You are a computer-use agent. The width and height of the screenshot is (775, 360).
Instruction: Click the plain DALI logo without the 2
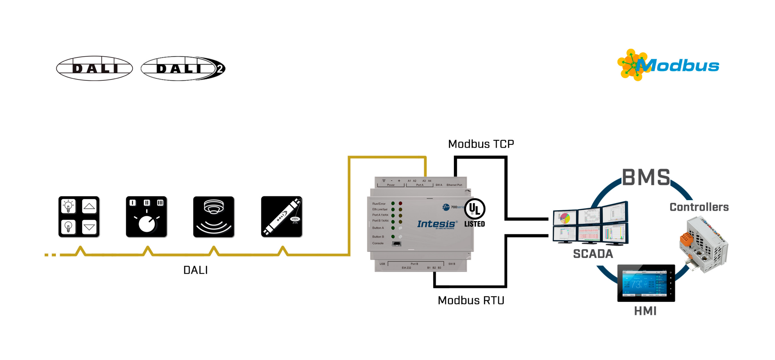coord(94,68)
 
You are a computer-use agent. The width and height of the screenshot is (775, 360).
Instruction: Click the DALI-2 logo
coord(183,68)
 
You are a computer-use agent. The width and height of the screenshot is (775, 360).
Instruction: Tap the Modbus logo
coord(668,65)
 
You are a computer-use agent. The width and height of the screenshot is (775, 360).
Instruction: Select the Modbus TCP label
coord(481,144)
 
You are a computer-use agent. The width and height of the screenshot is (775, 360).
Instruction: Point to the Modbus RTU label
coord(471,300)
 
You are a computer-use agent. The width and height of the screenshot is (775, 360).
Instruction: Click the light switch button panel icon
coord(79,216)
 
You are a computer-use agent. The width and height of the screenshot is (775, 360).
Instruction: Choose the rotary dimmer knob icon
coord(146,216)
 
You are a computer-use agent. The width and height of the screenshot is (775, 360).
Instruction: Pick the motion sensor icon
coord(214,216)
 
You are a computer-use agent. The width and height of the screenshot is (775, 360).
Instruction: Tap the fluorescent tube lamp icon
coord(282,216)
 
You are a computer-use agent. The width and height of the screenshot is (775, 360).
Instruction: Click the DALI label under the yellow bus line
coord(195,270)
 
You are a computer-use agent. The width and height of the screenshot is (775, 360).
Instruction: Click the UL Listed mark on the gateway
coord(474,213)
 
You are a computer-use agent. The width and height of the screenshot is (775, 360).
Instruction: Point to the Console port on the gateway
coord(396,244)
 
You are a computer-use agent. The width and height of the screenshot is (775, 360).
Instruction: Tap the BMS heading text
coord(646,177)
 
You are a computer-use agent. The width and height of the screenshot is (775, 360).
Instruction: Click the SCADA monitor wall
coord(590,223)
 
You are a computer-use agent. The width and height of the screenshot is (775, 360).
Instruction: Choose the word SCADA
coord(593,254)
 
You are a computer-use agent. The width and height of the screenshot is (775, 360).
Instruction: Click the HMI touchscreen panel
coord(646,283)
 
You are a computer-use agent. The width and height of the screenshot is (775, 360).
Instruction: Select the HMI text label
coord(645,311)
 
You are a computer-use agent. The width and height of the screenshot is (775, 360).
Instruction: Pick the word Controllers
coord(699,207)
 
